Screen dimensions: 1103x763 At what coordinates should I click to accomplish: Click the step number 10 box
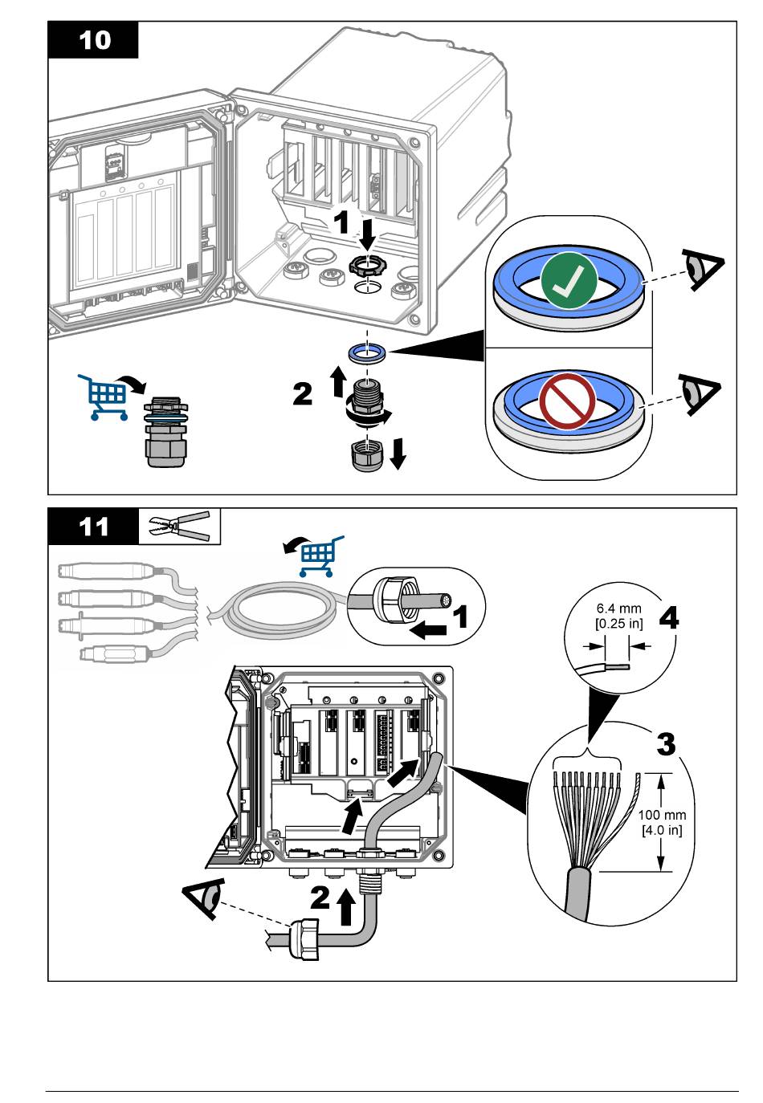tap(93, 39)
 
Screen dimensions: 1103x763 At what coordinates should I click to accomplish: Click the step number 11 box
tap(93, 527)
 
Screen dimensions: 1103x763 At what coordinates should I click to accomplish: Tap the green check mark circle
tap(569, 282)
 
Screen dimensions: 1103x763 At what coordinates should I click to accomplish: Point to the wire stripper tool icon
tap(179, 526)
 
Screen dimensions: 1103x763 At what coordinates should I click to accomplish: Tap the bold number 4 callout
tap(668, 618)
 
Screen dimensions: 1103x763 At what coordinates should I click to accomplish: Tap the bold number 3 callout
tap(666, 744)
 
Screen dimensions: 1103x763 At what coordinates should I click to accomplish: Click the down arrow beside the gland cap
tap(398, 454)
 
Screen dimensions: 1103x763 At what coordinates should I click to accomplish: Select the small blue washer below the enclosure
tap(366, 352)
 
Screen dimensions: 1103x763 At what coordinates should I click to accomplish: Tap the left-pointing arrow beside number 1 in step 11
tap(428, 631)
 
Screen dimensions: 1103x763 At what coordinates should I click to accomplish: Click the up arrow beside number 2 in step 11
tap(346, 907)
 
